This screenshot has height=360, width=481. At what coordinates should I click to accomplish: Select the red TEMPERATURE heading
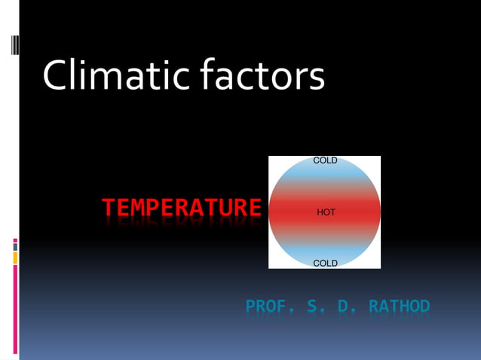click(x=182, y=207)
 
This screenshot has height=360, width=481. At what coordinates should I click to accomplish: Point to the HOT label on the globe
click(x=326, y=212)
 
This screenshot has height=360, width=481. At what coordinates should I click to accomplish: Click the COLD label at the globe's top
click(x=325, y=160)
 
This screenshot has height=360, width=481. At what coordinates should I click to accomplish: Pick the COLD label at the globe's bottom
click(x=325, y=263)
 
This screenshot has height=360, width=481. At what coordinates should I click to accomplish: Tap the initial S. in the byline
click(x=315, y=307)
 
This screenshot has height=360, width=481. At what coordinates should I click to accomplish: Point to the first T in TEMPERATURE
click(x=109, y=207)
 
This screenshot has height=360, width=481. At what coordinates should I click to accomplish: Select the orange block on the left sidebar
click(x=15, y=258)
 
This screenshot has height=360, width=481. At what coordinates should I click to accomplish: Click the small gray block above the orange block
click(x=15, y=246)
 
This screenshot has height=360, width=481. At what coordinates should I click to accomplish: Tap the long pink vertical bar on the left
click(x=15, y=309)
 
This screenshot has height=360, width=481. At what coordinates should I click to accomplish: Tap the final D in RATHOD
click(x=424, y=307)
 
